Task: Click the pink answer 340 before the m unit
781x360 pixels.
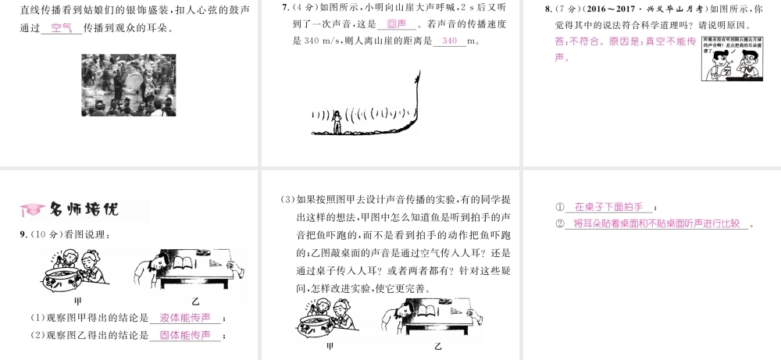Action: coord(449,41)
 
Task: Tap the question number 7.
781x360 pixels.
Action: coord(286,7)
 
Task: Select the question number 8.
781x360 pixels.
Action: coord(547,8)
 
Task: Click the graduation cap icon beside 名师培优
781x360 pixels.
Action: coord(30,209)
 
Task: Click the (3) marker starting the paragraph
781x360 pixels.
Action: coord(287,198)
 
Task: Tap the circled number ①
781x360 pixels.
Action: coord(560,208)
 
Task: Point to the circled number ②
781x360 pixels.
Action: coord(560,224)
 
